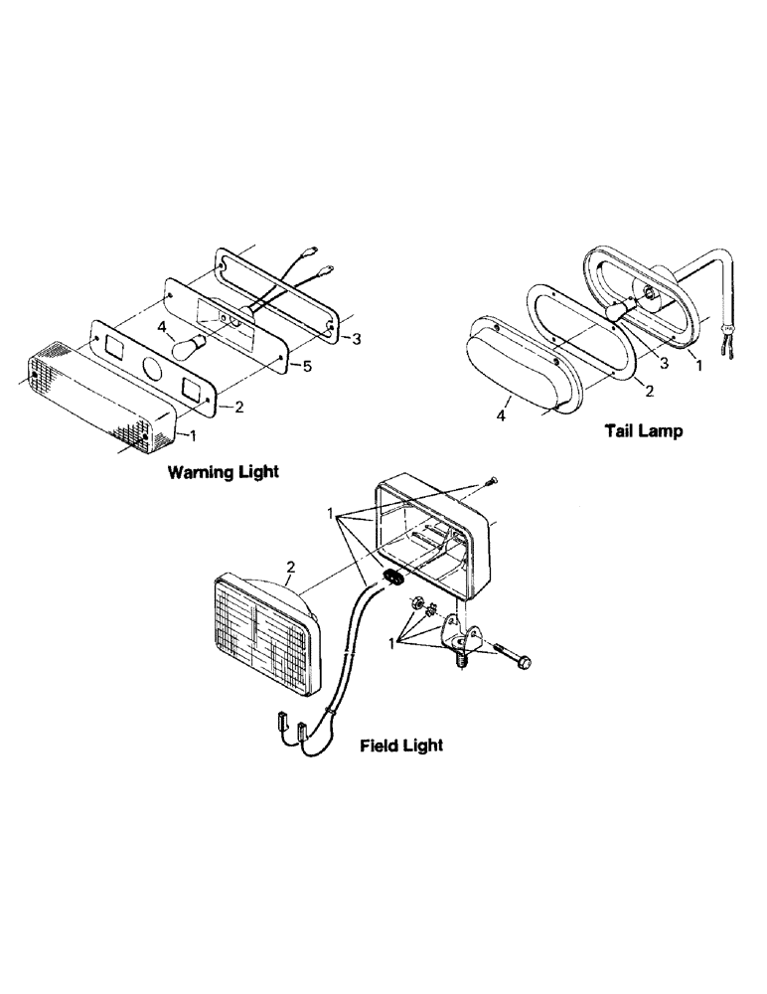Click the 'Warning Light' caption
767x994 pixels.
tap(223, 472)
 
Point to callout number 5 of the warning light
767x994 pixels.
tap(307, 367)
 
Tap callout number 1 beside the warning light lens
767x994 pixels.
tap(194, 435)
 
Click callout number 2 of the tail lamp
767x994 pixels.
tap(649, 390)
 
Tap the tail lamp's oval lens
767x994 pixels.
tap(512, 362)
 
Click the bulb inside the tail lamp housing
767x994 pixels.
tap(614, 310)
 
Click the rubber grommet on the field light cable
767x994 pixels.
tap(392, 579)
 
